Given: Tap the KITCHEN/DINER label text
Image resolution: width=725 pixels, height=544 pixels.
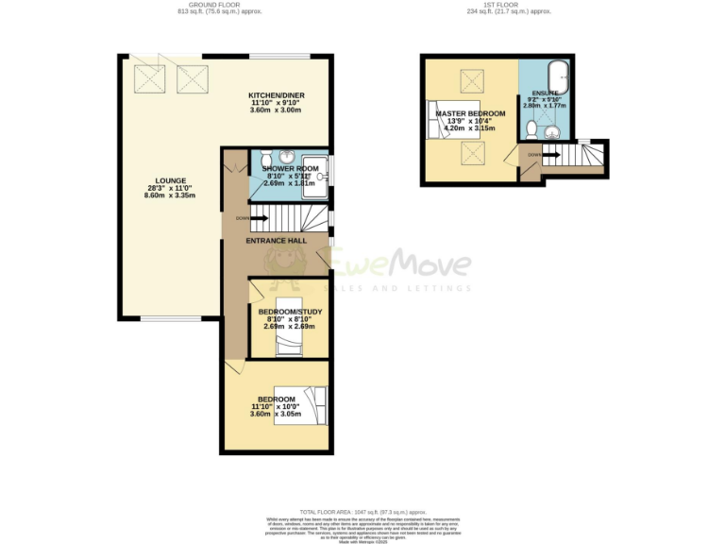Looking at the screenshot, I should (x=276, y=95).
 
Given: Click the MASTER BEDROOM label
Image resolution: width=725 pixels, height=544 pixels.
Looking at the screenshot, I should (x=470, y=113).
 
